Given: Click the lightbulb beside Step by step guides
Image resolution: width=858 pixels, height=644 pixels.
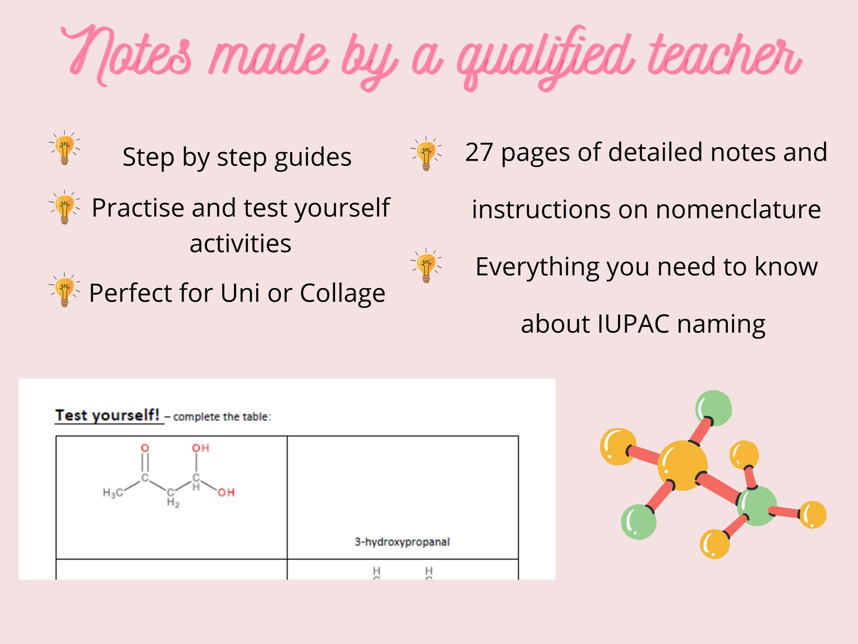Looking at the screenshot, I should coord(65,148).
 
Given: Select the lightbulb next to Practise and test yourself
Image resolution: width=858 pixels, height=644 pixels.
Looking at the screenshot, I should coord(65,207).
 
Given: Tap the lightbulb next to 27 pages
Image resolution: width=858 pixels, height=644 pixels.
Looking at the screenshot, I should coord(426,154).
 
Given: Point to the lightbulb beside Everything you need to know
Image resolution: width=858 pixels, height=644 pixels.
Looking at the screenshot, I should coord(426,266).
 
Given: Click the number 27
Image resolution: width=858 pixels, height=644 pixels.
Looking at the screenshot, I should coord(479,152).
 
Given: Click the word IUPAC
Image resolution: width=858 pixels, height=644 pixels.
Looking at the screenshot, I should coord(633,324).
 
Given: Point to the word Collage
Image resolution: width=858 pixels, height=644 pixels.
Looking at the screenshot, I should coord(343,294).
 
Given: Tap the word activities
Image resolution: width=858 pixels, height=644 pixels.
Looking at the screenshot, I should coord(240,244).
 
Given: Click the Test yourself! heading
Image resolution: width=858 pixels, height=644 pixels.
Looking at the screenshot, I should coord(108,415).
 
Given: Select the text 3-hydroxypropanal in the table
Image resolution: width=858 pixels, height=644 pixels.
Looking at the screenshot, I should coord(402,542).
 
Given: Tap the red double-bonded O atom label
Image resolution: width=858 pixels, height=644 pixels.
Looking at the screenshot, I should coord(145,448).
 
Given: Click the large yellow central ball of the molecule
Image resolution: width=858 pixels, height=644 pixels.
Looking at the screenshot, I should coord(682,466).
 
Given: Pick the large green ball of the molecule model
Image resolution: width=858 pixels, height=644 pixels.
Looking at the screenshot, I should coord(756,506).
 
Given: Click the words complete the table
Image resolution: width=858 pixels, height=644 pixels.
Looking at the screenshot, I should coord(222,417).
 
